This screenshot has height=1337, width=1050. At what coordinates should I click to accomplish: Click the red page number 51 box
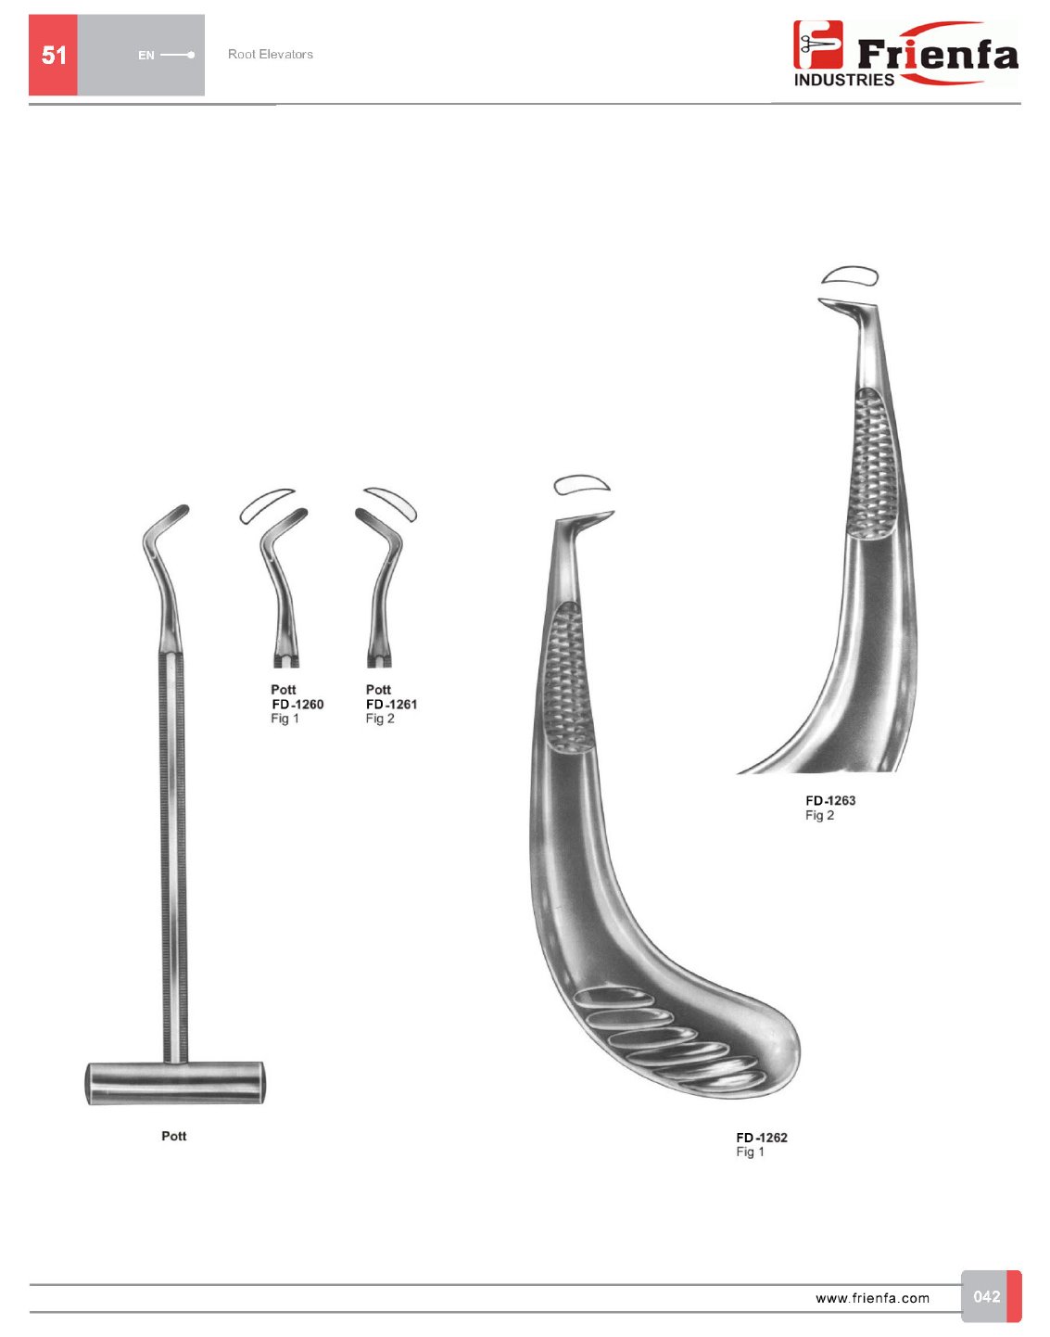(x=53, y=55)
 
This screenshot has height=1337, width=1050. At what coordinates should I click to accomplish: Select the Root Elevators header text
(x=271, y=54)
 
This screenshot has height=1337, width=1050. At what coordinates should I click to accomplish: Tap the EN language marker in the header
(x=146, y=56)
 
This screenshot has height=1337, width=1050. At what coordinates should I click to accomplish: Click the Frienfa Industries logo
(x=905, y=53)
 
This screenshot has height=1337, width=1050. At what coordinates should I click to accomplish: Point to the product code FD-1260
(x=297, y=704)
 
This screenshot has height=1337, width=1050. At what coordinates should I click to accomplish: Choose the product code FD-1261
(x=392, y=704)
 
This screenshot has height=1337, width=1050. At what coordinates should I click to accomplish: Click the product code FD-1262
(x=762, y=1138)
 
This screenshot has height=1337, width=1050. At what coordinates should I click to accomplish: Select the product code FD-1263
(x=830, y=800)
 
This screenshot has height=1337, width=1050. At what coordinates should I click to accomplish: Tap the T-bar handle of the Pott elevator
(x=175, y=1082)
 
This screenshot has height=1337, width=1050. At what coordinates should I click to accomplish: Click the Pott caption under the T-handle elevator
(x=174, y=1136)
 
